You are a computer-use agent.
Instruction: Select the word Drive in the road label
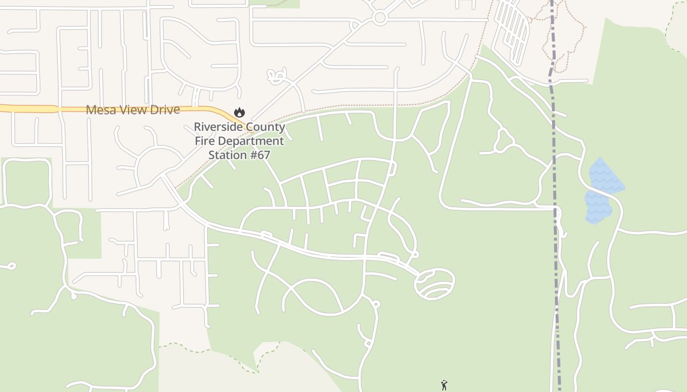pyautogui.click(x=164, y=110)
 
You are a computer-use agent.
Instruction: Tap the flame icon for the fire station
pyautogui.click(x=239, y=112)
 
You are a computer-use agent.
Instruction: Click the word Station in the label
pyautogui.click(x=227, y=155)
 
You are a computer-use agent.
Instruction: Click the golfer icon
pyautogui.click(x=444, y=385)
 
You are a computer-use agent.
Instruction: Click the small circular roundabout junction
pyautogui.click(x=379, y=18)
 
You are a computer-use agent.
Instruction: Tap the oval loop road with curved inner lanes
pyautogui.click(x=434, y=284)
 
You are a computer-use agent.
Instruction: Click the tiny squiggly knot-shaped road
pyautogui.click(x=276, y=75)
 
